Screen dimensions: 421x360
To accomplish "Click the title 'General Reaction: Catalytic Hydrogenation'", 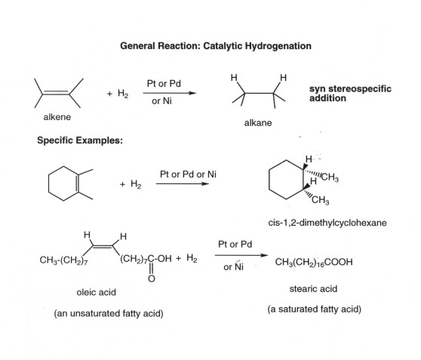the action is point(216,46).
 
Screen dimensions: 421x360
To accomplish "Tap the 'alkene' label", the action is point(57,117).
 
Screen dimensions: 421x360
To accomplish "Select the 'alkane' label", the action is point(258,123).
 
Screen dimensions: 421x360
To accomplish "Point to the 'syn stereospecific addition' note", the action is point(350,94).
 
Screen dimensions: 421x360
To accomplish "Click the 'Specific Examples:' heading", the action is point(80,140).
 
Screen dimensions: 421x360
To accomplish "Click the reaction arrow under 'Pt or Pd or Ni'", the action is point(183,183).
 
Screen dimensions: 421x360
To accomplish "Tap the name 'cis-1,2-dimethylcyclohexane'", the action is point(327,223).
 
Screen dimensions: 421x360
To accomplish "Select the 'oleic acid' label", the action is point(96,292).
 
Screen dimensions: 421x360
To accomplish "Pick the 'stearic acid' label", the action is point(313,289).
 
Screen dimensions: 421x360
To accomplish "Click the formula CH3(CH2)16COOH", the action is point(314,262).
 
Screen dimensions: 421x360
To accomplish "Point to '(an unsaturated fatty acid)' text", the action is point(109,313).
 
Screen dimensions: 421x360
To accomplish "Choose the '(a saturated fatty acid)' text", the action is point(314,309).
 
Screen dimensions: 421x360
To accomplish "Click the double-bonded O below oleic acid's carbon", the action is point(152,278).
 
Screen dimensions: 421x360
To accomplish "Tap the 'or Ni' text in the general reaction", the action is point(161,101).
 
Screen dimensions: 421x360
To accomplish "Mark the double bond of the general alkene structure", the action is point(56,93).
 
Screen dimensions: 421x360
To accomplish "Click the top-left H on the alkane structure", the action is point(234,78).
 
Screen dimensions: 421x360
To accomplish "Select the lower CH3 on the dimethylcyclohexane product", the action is point(321,200).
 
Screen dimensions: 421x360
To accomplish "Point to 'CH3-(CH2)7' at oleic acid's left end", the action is point(63,260).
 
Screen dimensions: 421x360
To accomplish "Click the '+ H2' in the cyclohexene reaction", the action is point(131,184).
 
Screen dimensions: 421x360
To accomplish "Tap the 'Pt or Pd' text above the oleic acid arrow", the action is point(235,245).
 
